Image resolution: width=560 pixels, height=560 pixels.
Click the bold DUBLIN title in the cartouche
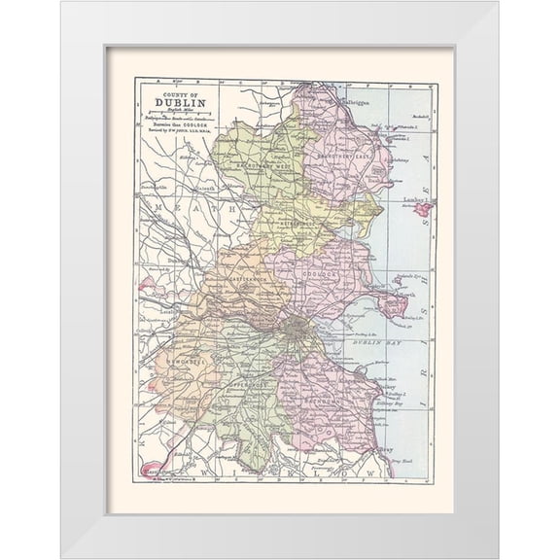point(175,107)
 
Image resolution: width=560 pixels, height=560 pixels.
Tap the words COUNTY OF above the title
point(175,95)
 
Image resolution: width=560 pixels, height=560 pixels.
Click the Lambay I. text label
point(416,200)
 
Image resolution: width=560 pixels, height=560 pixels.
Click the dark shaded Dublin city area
point(296,331)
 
